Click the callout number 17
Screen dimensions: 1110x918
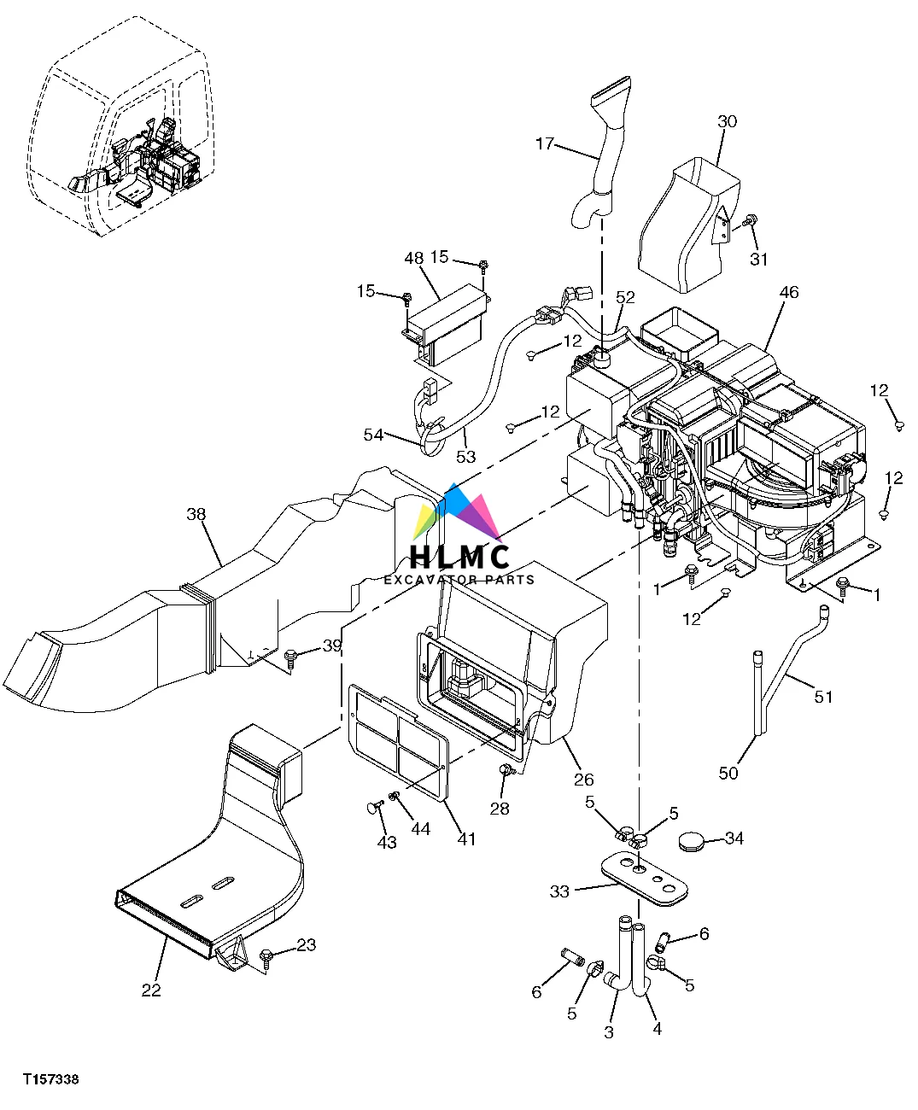(x=545, y=143)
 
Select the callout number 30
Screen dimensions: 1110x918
(x=726, y=122)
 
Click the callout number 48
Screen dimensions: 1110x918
(x=413, y=258)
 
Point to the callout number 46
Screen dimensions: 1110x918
(x=788, y=293)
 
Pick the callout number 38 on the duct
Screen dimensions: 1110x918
(x=196, y=514)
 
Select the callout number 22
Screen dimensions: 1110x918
(x=151, y=990)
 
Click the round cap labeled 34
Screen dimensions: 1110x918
(x=694, y=843)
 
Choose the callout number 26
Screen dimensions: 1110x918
(x=584, y=779)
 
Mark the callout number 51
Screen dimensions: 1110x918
(x=822, y=697)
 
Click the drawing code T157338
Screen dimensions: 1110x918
(x=51, y=1080)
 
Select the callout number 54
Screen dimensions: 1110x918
(x=373, y=435)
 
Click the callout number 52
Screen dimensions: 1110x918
(x=626, y=297)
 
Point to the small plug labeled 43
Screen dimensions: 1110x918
(x=372, y=806)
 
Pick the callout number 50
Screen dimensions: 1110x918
(x=728, y=774)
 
